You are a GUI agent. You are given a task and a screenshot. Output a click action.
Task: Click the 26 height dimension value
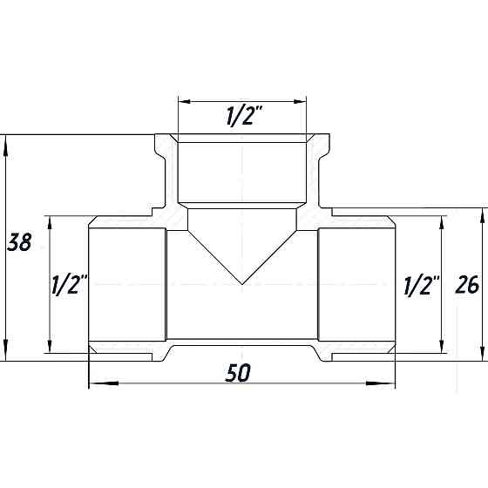(x=467, y=284)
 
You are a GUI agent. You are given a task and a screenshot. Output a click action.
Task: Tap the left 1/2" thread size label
(x=69, y=284)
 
